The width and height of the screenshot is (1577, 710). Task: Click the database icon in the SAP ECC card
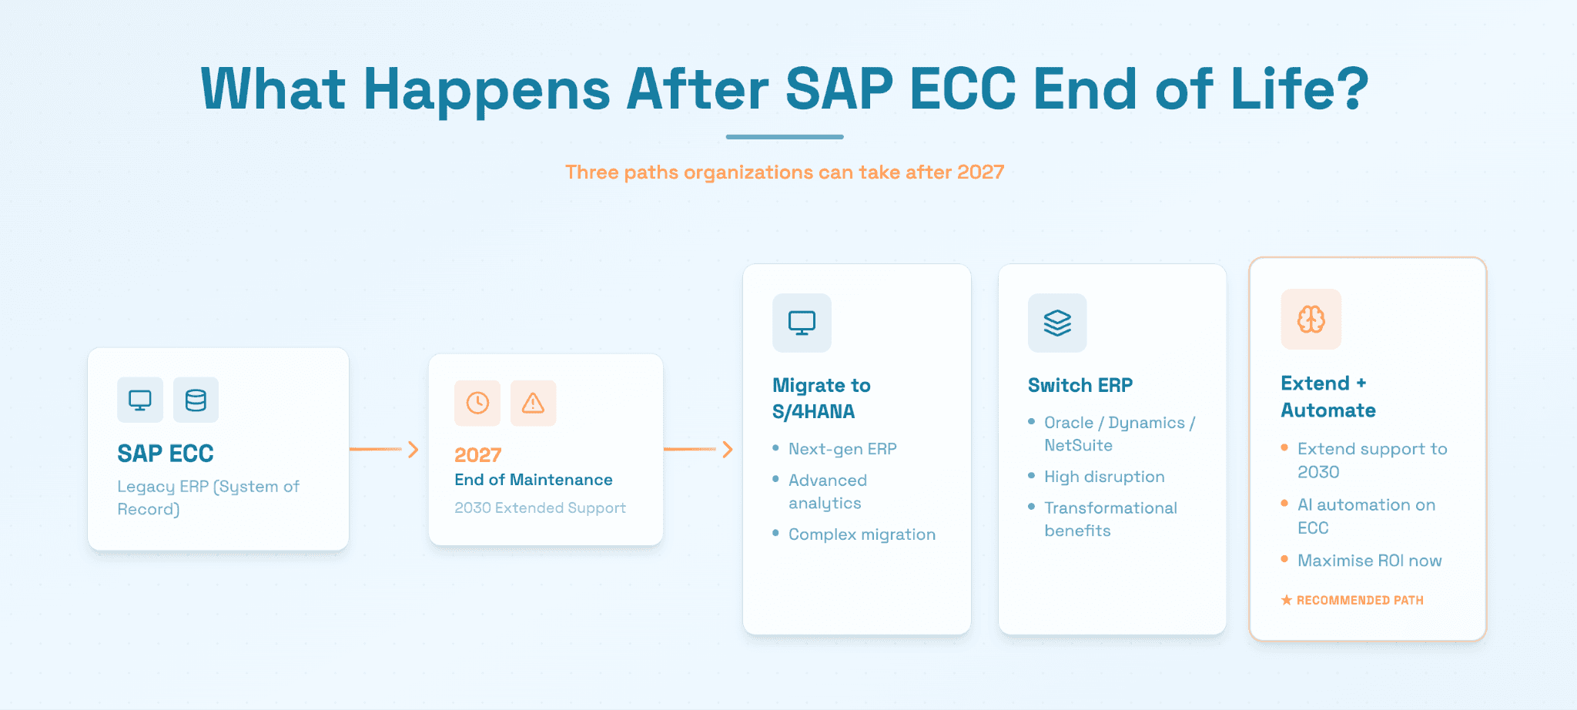click(196, 400)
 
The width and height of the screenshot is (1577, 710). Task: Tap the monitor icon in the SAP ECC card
click(140, 400)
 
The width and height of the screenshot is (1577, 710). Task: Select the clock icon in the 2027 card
click(477, 403)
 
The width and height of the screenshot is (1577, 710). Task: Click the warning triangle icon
click(533, 403)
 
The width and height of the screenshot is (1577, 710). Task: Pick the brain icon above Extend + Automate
click(1311, 319)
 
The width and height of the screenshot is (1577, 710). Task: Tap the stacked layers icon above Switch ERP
click(1057, 323)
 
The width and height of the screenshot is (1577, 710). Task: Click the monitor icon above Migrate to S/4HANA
click(802, 323)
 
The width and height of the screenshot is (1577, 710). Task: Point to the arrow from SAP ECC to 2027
click(383, 449)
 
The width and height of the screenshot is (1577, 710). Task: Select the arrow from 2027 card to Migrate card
click(698, 449)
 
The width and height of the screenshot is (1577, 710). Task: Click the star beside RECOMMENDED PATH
click(1286, 600)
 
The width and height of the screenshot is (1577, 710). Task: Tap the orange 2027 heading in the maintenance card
click(477, 455)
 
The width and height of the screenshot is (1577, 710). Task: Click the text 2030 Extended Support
click(540, 507)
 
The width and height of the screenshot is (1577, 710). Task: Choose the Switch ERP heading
click(1080, 385)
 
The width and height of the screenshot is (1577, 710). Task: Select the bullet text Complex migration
click(862, 534)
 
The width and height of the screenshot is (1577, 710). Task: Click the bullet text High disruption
click(1104, 477)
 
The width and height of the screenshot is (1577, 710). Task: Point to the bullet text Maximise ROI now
click(1369, 561)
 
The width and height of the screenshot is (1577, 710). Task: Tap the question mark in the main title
click(1351, 88)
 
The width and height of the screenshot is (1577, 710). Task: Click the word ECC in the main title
click(963, 88)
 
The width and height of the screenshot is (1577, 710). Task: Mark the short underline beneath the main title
click(785, 137)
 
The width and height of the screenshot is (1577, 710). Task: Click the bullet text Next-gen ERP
click(842, 449)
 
